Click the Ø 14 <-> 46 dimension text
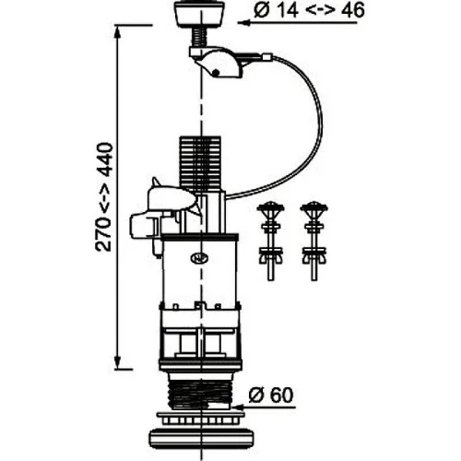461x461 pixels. pos(309,10)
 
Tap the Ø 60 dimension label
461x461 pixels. pos(271,396)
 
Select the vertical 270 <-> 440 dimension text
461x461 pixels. pos(103,197)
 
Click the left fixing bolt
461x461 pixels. pos(270,241)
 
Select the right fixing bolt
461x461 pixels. pos(313,241)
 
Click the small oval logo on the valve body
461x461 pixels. pos(199,259)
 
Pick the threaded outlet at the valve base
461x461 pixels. pos(199,395)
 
